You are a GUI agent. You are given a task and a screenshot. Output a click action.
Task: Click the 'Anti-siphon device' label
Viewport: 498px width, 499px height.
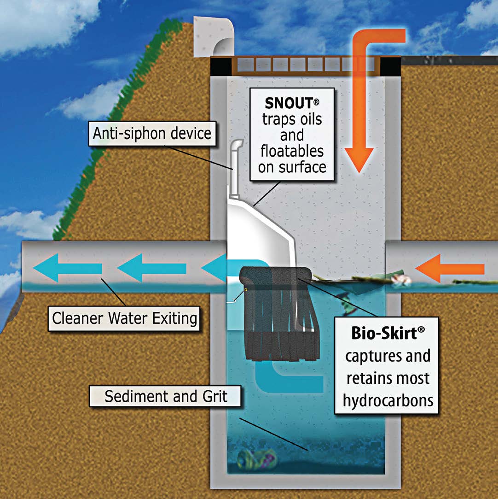pos(152,134)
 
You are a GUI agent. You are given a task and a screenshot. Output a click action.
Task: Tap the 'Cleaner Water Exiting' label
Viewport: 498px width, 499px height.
pos(124,318)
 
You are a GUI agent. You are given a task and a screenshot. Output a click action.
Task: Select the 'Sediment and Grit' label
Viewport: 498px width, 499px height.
pos(166,396)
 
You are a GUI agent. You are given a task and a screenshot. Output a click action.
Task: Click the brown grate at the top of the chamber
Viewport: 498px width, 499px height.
pos(304,65)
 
